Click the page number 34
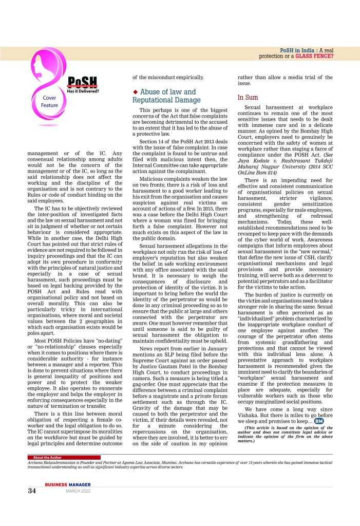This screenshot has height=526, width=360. pyautogui.click(x=31, y=490)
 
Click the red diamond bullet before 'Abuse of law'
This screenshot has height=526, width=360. pyautogui.click(x=135, y=92)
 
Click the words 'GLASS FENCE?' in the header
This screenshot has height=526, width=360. pyautogui.click(x=314, y=55)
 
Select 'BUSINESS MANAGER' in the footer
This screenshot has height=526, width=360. pyautogui.click(x=68, y=484)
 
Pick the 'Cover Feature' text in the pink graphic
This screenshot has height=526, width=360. pyautogui.click(x=49, y=101)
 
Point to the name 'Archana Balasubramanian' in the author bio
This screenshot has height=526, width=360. pyautogui.click(x=54, y=462)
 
